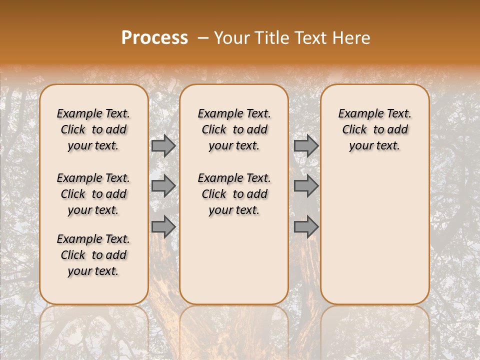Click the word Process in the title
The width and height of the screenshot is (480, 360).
pyautogui.click(x=154, y=38)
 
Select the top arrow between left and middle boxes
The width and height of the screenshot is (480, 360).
pyautogui.click(x=163, y=146)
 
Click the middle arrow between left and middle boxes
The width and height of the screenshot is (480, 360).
pyautogui.click(x=163, y=186)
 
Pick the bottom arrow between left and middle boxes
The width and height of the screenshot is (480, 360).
pyautogui.click(x=163, y=226)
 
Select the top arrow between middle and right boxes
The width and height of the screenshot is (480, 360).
pyautogui.click(x=306, y=146)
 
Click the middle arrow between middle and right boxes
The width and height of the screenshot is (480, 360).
pyautogui.click(x=306, y=186)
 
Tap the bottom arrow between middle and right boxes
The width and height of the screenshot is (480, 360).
pyautogui.click(x=306, y=226)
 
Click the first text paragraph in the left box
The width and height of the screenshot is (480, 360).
pyautogui.click(x=93, y=129)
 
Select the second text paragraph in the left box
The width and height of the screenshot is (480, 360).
pyautogui.click(x=93, y=194)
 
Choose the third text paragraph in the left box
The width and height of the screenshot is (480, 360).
pyautogui.click(x=93, y=255)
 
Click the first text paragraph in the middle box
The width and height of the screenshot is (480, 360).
pyautogui.click(x=234, y=129)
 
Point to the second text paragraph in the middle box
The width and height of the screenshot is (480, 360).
pyautogui.click(x=234, y=194)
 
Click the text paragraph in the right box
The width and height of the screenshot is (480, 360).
pyautogui.click(x=374, y=129)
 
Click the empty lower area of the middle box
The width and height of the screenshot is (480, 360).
pyautogui.click(x=234, y=260)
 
